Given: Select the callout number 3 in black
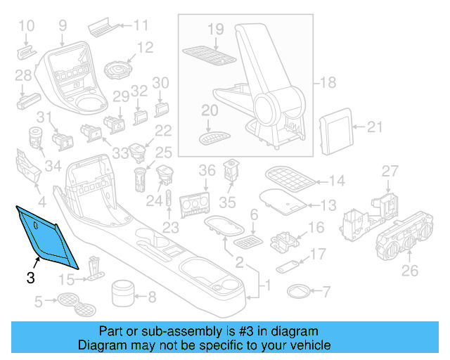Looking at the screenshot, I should point(30,278).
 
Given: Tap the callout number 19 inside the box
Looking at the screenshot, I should point(215,29).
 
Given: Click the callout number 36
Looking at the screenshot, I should point(206,171).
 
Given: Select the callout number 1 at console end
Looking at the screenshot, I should point(266,286).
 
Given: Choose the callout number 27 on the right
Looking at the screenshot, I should point(390,172).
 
